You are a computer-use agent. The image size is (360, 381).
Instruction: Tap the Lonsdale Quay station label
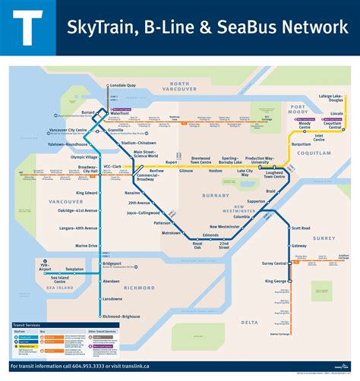[x=122, y=86]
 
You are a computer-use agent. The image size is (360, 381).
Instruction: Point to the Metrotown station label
[x=171, y=233]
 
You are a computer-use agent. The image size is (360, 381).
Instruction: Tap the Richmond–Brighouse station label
[x=121, y=316]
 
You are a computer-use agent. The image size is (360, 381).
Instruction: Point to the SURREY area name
[x=324, y=238]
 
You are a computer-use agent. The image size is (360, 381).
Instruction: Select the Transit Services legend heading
[x=31, y=324]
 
